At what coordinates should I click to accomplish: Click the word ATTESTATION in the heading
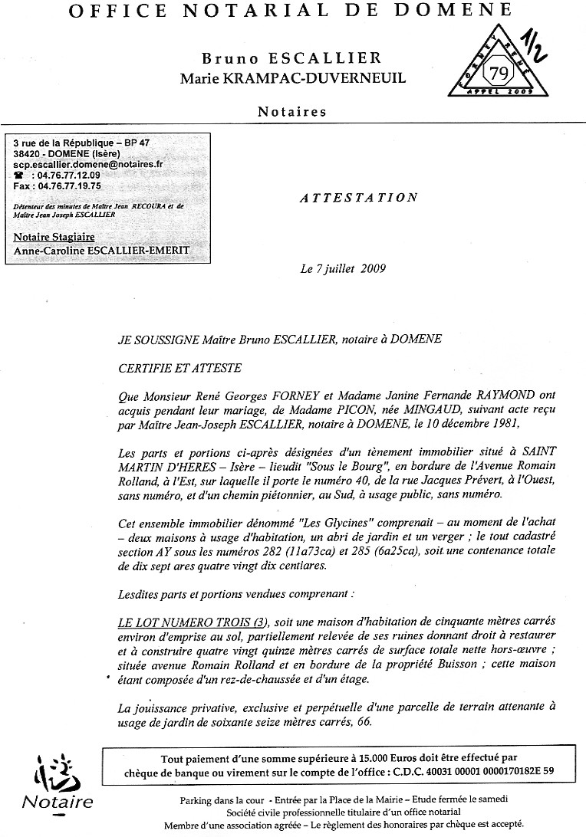pyautogui.click(x=358, y=198)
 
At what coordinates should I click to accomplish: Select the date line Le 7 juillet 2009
pyautogui.click(x=342, y=269)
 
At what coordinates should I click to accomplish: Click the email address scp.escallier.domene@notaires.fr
pyautogui.click(x=88, y=164)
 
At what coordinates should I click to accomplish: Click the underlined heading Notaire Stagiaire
pyautogui.click(x=54, y=238)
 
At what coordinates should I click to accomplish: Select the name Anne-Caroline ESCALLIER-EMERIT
pyautogui.click(x=101, y=251)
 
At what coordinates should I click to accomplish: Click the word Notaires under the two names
pyautogui.click(x=292, y=112)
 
